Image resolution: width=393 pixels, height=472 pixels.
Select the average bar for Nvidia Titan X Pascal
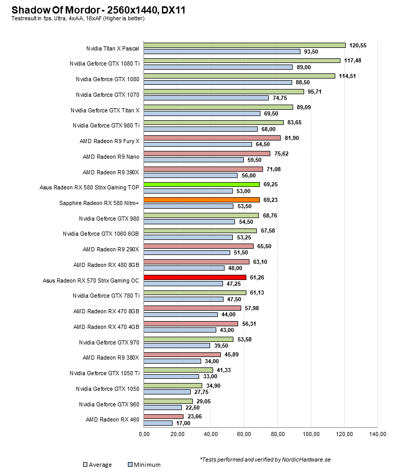244,45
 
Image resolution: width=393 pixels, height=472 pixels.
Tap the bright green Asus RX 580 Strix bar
202,184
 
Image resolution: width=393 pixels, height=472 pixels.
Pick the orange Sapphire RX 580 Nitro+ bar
202,200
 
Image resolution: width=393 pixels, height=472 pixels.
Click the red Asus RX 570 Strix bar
195,277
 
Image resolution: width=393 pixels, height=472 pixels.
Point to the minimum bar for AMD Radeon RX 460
158,423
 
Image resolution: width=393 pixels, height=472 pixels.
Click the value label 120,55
358,45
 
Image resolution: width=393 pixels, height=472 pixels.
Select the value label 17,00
183,423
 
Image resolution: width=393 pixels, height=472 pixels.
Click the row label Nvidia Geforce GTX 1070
108,95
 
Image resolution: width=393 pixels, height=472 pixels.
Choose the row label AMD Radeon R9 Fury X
110,141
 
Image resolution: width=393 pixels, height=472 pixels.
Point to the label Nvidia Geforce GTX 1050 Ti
104,373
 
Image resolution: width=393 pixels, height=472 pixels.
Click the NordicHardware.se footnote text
265,460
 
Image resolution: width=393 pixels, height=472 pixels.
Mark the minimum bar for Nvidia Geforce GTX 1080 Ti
218,67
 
